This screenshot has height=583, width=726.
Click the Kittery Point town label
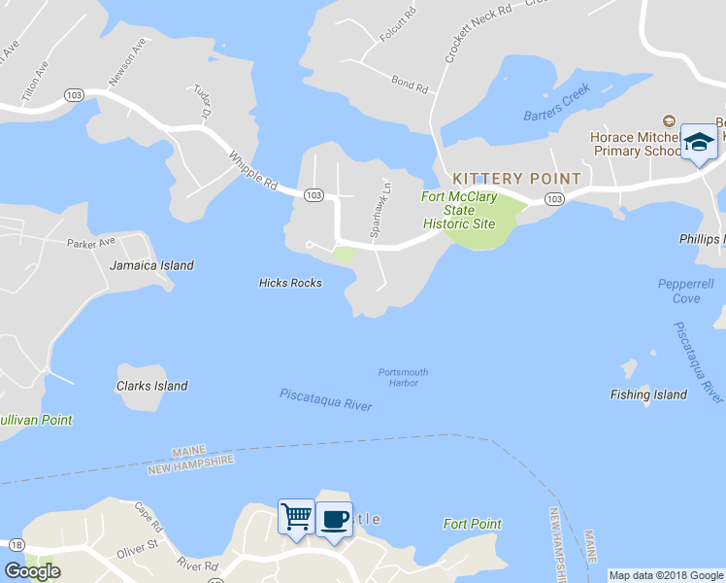pyautogui.click(x=516, y=179)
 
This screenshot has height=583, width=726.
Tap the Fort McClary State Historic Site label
pyautogui.click(x=459, y=211)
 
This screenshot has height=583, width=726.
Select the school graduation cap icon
pyautogui.click(x=698, y=144)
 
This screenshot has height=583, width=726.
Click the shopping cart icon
pyautogui.click(x=295, y=516)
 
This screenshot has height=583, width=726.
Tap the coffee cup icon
pyautogui.click(x=334, y=518)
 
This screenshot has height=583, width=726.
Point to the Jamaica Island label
pyautogui.click(x=151, y=265)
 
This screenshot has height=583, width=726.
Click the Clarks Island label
pyautogui.click(x=152, y=386)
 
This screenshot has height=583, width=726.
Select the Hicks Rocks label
pyautogui.click(x=290, y=283)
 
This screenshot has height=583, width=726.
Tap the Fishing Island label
pyautogui.click(x=648, y=394)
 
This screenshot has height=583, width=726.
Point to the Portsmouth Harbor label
pyautogui.click(x=403, y=377)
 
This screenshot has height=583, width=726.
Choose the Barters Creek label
pyautogui.click(x=557, y=115)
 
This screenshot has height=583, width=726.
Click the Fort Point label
pyautogui.click(x=473, y=524)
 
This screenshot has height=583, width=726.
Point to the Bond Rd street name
pyautogui.click(x=410, y=85)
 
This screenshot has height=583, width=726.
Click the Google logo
pyautogui.click(x=32, y=571)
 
